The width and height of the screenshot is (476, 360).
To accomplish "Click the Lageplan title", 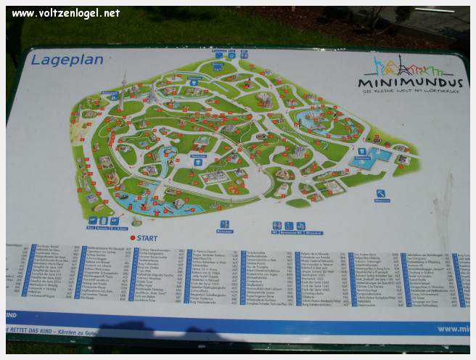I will tap(67, 60).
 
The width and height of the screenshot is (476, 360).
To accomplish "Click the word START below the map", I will tap(147, 237).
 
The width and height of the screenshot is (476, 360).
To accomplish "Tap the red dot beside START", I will tap(133, 237).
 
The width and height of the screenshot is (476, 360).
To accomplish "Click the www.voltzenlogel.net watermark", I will tap(66, 13).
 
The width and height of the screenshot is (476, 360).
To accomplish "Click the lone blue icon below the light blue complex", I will tap(380, 194).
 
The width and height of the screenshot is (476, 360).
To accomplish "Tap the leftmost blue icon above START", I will tap(93, 221).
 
